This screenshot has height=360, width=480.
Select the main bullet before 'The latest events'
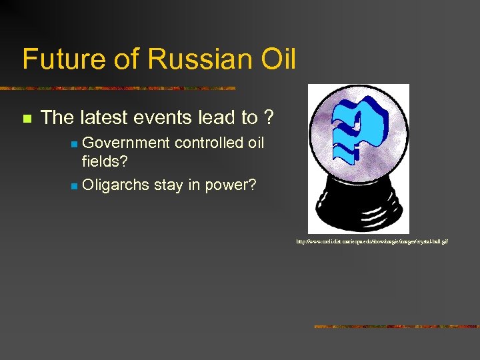pos(27,119)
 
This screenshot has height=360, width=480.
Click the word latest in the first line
pos(103,118)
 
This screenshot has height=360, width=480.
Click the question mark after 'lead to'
pos(268,118)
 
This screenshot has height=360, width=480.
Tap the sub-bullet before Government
pos(75,144)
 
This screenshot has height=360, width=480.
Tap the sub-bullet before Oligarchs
pos(75,186)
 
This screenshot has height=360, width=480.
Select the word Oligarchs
pos(115,185)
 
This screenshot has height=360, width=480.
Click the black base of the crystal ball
pos(359,206)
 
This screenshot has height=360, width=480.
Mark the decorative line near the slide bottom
pos(396,327)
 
